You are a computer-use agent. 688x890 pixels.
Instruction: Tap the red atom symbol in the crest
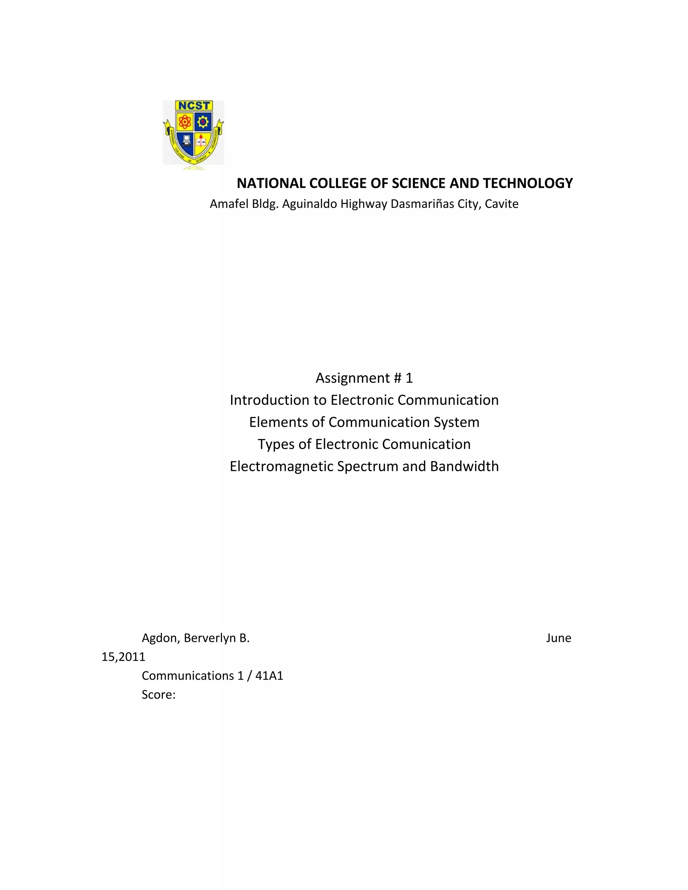coord(185,122)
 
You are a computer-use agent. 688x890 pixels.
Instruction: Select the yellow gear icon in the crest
coord(203,122)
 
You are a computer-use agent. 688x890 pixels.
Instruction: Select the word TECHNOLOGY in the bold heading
coord(528,183)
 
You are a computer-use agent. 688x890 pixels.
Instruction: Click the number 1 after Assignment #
coord(409,378)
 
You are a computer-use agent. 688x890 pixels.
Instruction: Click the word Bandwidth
coord(464,466)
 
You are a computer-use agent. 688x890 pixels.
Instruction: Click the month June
coord(558,638)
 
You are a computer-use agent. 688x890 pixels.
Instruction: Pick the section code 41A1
coord(269,676)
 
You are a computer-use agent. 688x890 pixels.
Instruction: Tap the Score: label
coord(159,695)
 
